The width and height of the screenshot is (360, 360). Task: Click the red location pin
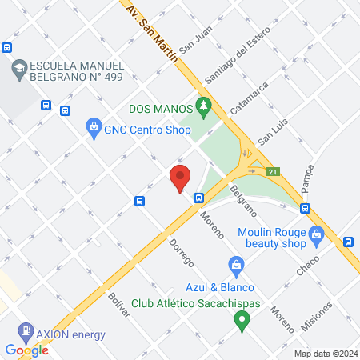click(x=180, y=178)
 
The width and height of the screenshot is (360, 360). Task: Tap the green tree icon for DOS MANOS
click(x=204, y=105)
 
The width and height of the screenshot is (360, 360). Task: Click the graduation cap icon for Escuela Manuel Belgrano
click(x=17, y=70)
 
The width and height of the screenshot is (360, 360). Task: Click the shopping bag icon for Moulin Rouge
click(x=316, y=234)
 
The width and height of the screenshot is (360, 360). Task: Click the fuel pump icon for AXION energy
click(x=26, y=330)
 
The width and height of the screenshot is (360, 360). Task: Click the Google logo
click(x=26, y=350)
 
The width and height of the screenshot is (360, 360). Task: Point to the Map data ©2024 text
click(x=324, y=354)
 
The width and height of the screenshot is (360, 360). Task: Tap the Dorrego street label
click(x=182, y=251)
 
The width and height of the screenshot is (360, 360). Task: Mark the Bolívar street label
click(x=119, y=305)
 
